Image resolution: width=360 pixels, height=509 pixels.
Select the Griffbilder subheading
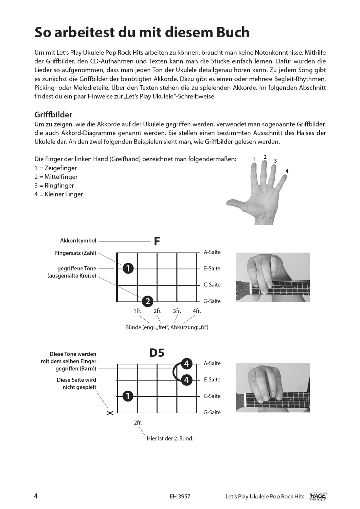(x=53, y=114)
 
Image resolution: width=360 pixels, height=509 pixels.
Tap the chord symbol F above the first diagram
(x=157, y=241)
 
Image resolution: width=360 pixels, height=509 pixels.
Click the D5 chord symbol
(x=157, y=353)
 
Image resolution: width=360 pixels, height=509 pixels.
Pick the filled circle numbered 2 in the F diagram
(x=147, y=301)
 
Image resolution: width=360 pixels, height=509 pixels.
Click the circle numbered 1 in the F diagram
(x=128, y=268)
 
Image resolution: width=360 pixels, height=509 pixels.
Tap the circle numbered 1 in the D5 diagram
(x=128, y=396)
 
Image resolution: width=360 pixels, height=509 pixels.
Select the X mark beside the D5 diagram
(x=110, y=413)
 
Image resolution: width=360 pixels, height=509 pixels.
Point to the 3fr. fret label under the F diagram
(x=177, y=311)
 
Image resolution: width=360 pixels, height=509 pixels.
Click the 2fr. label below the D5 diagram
(x=138, y=423)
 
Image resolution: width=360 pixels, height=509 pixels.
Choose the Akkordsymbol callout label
(x=78, y=241)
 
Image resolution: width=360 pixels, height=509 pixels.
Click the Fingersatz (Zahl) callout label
(x=75, y=253)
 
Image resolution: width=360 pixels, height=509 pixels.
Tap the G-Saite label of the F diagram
(x=212, y=301)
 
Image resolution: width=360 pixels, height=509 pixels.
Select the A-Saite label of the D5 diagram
(x=212, y=363)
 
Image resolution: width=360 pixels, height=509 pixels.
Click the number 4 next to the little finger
(x=287, y=171)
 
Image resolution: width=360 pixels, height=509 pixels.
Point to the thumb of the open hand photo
(x=234, y=204)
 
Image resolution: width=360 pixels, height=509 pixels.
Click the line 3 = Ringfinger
(x=54, y=186)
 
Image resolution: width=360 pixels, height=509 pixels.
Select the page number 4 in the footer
(x=36, y=496)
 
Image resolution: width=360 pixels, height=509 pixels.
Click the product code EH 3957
(x=180, y=496)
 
